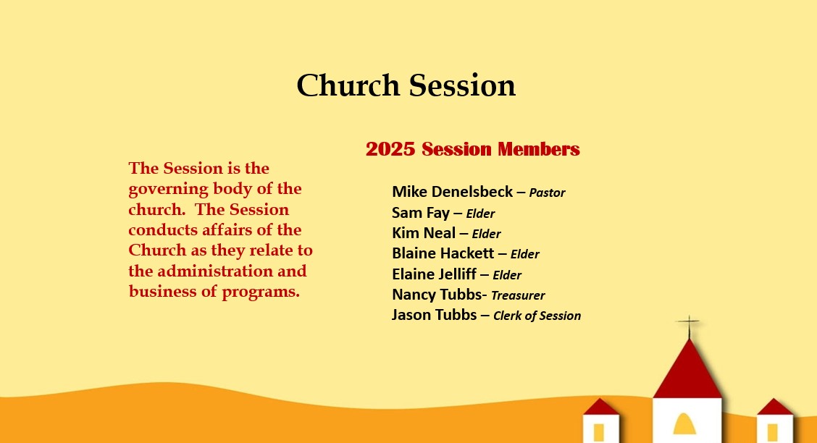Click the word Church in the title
pyautogui.click(x=348, y=85)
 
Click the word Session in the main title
pyautogui.click(x=462, y=85)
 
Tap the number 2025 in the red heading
pyautogui.click(x=390, y=149)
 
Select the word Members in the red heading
pyautogui.click(x=538, y=149)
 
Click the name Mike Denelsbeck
pyautogui.click(x=452, y=192)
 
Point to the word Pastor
pyautogui.click(x=547, y=193)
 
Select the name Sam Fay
pyautogui.click(x=421, y=212)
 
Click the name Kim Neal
pyautogui.click(x=424, y=232)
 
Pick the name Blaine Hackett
pyautogui.click(x=443, y=253)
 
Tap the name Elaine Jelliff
pyautogui.click(x=434, y=274)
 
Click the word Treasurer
pyautogui.click(x=518, y=295)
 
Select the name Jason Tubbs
pyautogui.click(x=434, y=314)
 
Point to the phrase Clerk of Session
pyautogui.click(x=537, y=316)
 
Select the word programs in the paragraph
pyautogui.click(x=261, y=292)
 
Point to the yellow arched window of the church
pyautogui.click(x=684, y=423)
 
